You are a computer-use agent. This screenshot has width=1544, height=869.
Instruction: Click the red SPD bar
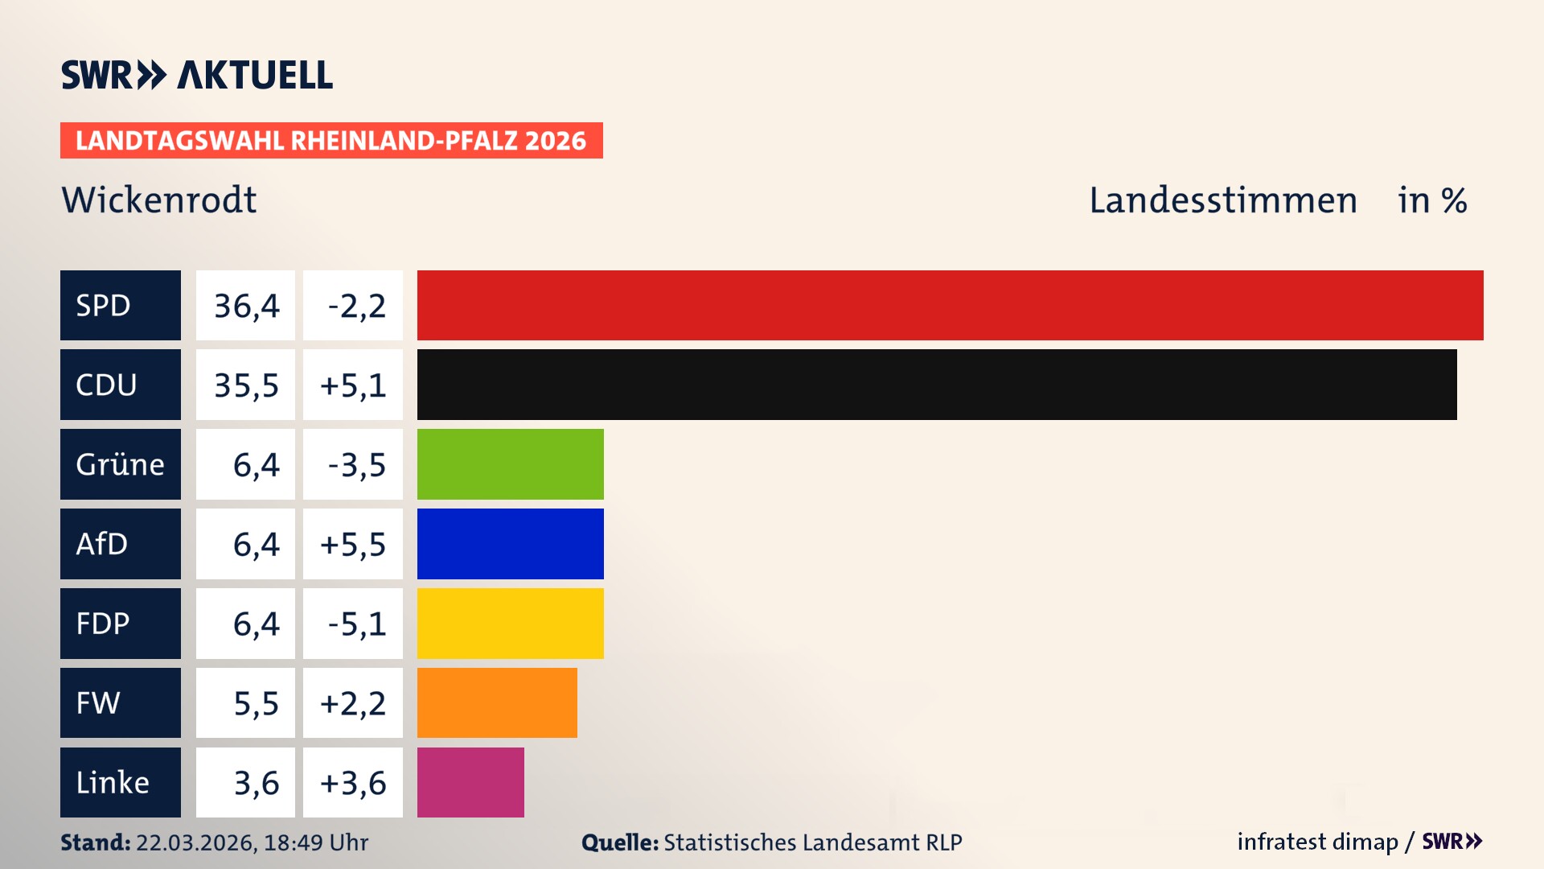coord(949,305)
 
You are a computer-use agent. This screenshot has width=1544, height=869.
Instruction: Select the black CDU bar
coord(937,385)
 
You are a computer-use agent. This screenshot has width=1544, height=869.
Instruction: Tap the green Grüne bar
coord(510,464)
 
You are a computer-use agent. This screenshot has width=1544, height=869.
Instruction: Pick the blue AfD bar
coord(510,544)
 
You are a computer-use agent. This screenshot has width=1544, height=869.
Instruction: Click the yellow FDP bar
coord(510,624)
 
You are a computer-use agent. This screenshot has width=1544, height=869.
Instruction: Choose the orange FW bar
coord(497,702)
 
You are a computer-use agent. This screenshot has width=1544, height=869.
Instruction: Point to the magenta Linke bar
coord(470,782)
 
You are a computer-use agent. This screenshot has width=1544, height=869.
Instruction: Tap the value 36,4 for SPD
coord(246,306)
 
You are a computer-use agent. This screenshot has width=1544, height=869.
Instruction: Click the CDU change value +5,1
coord(353,385)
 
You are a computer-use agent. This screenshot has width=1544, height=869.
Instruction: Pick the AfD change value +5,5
coord(353,545)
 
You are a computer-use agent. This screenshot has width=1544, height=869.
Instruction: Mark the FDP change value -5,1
coord(356,624)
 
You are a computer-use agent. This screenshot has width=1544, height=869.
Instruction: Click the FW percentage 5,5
coord(256,703)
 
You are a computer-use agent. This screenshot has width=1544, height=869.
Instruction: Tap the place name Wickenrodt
coord(159,200)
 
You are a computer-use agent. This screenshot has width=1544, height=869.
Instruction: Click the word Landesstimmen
coord(1222,200)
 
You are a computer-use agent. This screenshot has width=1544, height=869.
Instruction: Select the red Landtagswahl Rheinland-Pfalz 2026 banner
coord(331,140)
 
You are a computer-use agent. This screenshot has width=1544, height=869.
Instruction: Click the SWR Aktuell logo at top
coord(197,75)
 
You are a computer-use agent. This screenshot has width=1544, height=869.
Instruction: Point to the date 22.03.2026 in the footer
coord(195,842)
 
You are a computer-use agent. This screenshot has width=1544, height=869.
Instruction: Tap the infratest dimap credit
coord(1317,842)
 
